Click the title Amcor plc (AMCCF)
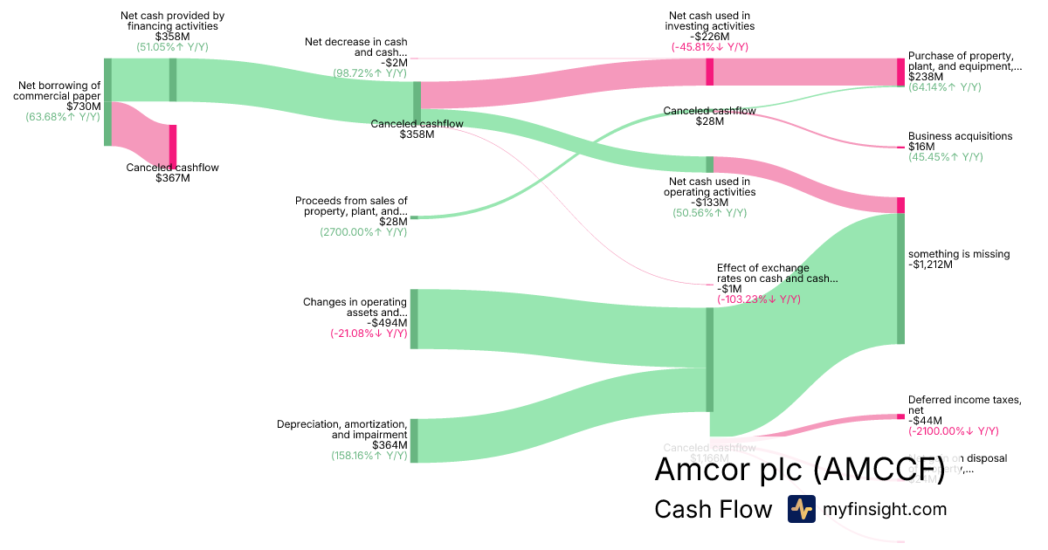(x=800, y=469)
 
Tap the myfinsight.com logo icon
(x=801, y=509)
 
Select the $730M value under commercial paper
(x=84, y=107)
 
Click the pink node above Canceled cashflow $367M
(x=173, y=146)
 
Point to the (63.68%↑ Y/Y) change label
(x=63, y=117)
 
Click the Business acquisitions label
(x=960, y=136)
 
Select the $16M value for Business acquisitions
(x=920, y=147)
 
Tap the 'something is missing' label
(x=959, y=254)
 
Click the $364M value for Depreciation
(x=390, y=445)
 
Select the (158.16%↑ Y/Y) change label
(x=369, y=456)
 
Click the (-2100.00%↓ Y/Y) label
(x=953, y=430)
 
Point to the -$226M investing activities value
(x=709, y=37)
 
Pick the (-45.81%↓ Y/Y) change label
(x=709, y=47)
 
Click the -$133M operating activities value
(x=708, y=203)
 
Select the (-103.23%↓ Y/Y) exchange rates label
(x=758, y=299)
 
